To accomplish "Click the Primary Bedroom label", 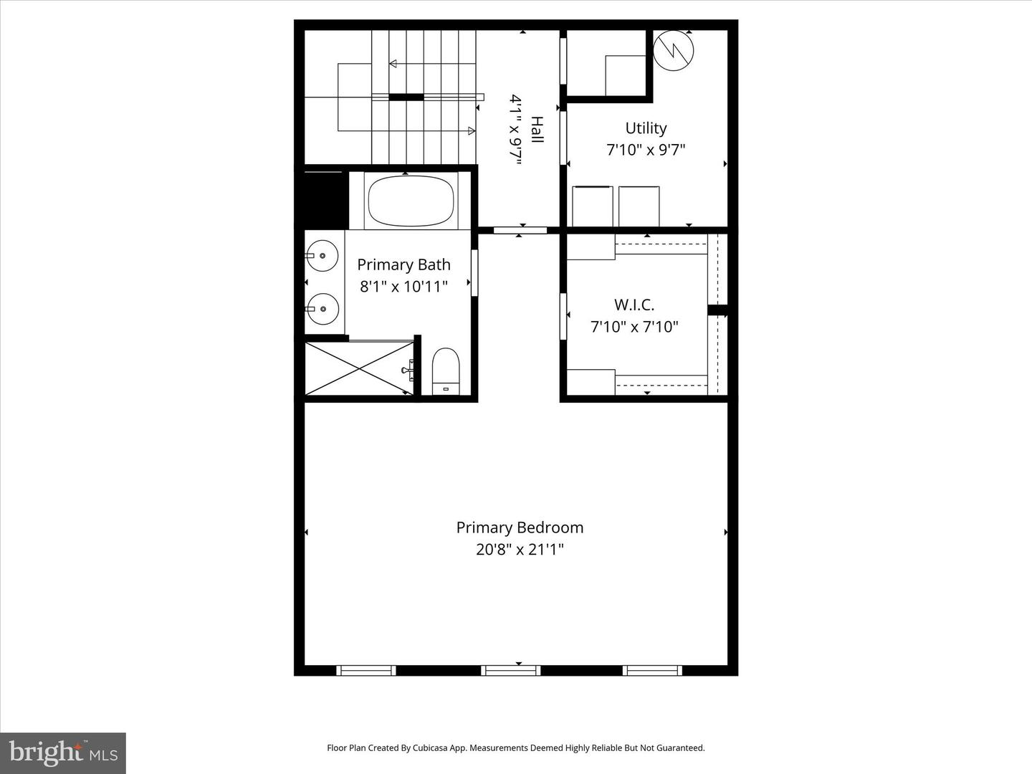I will pyautogui.click(x=520, y=527).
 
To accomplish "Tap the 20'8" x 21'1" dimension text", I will pyautogui.click(x=520, y=550).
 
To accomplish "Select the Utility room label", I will pyautogui.click(x=646, y=128).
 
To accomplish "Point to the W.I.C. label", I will pyautogui.click(x=634, y=305).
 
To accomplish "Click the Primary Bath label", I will pyautogui.click(x=403, y=264).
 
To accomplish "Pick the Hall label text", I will pyautogui.click(x=537, y=130).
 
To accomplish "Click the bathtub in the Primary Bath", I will pyautogui.click(x=411, y=201).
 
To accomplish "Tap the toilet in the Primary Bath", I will pyautogui.click(x=446, y=370).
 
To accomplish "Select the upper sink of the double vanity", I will pyautogui.click(x=322, y=255).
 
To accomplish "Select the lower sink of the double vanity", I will pyautogui.click(x=322, y=309).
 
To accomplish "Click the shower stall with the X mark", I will pyautogui.click(x=359, y=368).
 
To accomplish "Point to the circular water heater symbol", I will pyautogui.click(x=674, y=50).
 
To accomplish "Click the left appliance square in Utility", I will pyautogui.click(x=592, y=206).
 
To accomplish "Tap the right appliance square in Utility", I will pyautogui.click(x=639, y=206).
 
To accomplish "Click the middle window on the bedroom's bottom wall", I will pyautogui.click(x=510, y=671).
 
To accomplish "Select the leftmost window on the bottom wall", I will pyautogui.click(x=365, y=671).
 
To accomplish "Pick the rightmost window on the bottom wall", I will pyautogui.click(x=651, y=671).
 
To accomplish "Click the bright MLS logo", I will pyautogui.click(x=63, y=752).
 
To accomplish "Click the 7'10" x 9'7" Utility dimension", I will pyautogui.click(x=646, y=150).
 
